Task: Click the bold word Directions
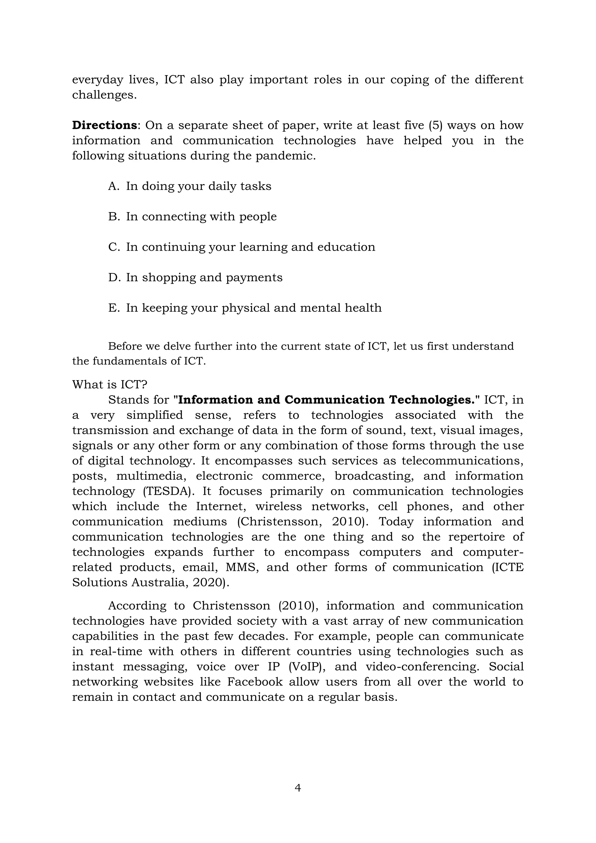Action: click(x=104, y=125)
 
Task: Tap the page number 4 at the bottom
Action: click(x=298, y=788)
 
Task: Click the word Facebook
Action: click(x=255, y=682)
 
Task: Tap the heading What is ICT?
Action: click(x=109, y=385)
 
